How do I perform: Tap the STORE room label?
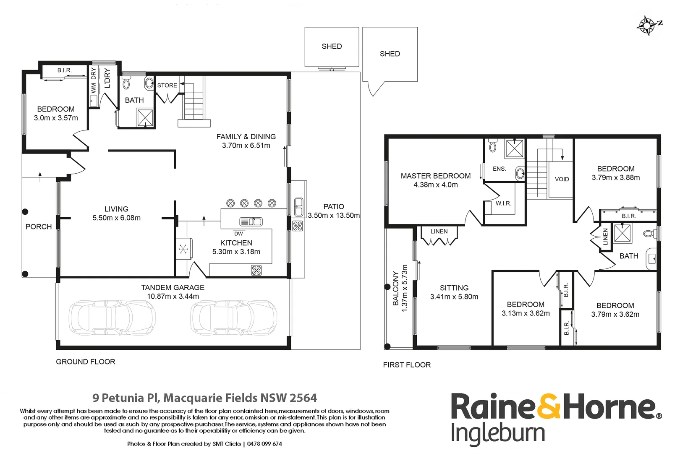click(x=167, y=85)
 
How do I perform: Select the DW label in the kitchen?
click(x=238, y=234)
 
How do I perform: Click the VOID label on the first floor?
click(x=562, y=179)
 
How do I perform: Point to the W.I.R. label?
click(x=503, y=203)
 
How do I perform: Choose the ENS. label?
click(x=500, y=169)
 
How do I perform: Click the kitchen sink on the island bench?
click(x=251, y=221)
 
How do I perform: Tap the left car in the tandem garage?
click(x=112, y=317)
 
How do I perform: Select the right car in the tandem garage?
click(x=234, y=317)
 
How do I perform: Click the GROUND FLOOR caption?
click(x=86, y=362)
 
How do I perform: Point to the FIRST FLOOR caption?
click(x=407, y=365)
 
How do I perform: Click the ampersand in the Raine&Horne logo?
click(x=549, y=406)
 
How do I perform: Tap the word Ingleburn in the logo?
click(x=498, y=434)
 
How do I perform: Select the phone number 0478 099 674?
click(x=264, y=444)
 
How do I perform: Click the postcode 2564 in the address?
click(x=303, y=398)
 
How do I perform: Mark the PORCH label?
click(x=39, y=226)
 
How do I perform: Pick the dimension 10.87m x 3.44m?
click(x=173, y=296)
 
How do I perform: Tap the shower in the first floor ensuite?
click(x=515, y=148)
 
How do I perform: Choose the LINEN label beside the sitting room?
click(x=439, y=231)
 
